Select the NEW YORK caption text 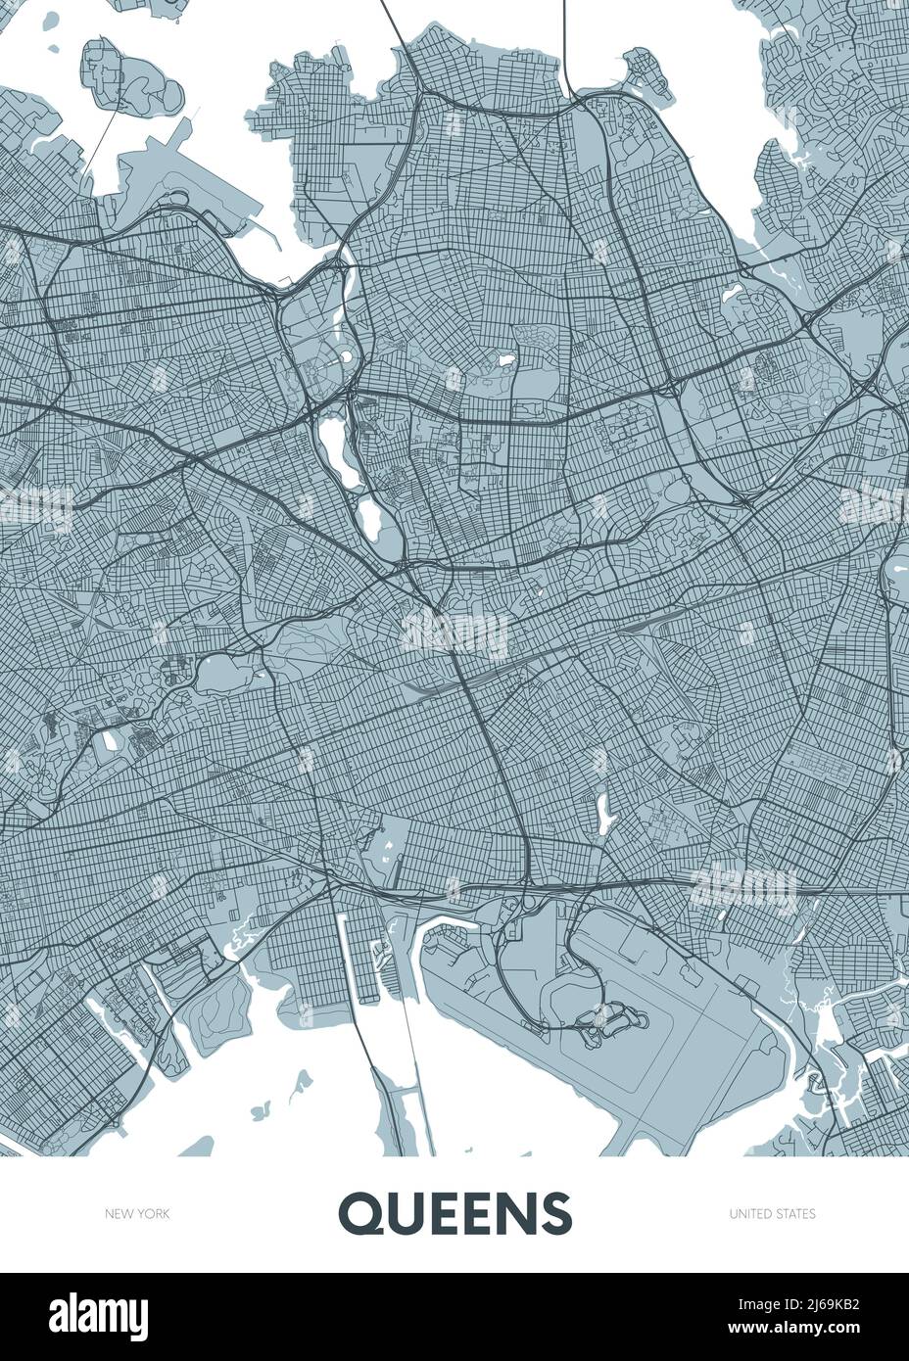coord(137,1214)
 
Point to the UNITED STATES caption coord(772,1214)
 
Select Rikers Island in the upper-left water coord(137,83)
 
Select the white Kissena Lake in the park coord(506,362)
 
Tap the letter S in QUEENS coord(554,1213)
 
